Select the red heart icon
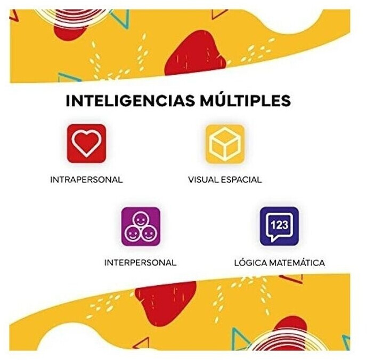click(87, 143)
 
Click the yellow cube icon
click(225, 143)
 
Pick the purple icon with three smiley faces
click(141, 226)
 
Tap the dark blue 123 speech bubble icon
click(279, 226)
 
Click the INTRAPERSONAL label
click(86, 180)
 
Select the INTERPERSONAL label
click(140, 263)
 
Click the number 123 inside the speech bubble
click(279, 224)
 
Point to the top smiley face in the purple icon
click(141, 219)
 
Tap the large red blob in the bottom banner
click(165, 301)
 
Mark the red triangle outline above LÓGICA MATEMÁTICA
click(292, 278)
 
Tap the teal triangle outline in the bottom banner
click(240, 339)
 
